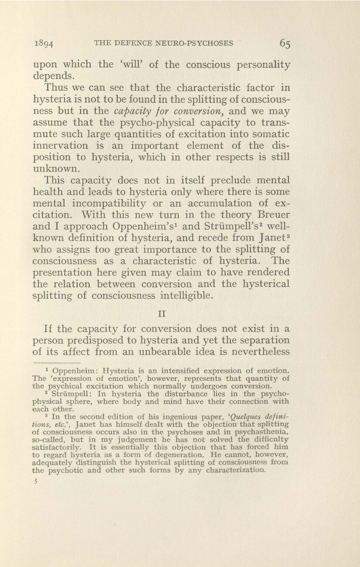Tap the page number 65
coord(285,43)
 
